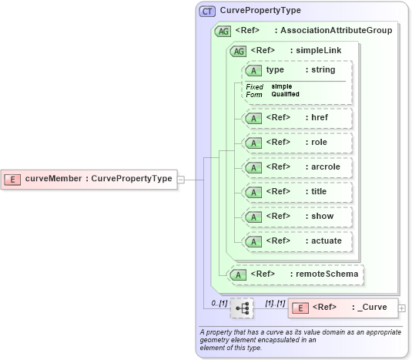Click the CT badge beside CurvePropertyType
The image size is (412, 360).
point(208,12)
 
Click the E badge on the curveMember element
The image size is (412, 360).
point(12,179)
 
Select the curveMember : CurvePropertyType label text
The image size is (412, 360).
point(99,179)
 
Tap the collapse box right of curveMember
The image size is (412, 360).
point(181,179)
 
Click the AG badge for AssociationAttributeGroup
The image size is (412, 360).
point(223,31)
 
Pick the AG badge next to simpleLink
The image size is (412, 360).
point(238,51)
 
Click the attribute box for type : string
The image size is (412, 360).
point(297,70)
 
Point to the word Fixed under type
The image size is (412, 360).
point(254,86)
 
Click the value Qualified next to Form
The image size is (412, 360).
point(285,94)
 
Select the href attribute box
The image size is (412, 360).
point(297,118)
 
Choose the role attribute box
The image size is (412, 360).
point(297,143)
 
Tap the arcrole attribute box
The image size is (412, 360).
point(297,167)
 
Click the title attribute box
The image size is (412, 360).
point(297,192)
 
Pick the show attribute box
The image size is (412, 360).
point(297,217)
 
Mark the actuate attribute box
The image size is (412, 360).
point(297,241)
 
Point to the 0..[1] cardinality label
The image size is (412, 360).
point(219,303)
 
